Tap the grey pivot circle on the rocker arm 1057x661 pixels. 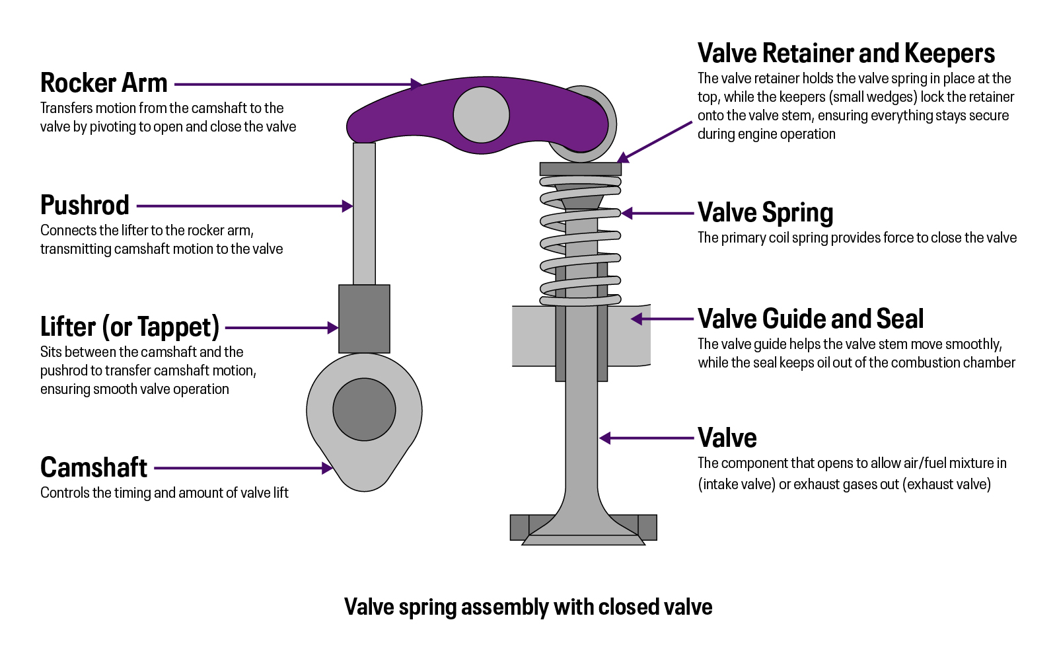(x=482, y=114)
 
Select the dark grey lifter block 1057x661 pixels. (x=364, y=319)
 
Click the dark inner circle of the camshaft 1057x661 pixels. (x=364, y=409)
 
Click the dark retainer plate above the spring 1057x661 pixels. (x=580, y=169)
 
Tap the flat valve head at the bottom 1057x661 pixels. (x=583, y=539)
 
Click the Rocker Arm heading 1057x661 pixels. (x=104, y=83)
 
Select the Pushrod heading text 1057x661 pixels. (x=85, y=206)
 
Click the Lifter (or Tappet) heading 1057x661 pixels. (x=129, y=327)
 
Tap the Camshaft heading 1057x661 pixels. (x=94, y=468)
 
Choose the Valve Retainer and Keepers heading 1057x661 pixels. (x=846, y=54)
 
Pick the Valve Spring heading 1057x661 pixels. (x=765, y=213)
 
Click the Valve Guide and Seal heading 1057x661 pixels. (x=810, y=319)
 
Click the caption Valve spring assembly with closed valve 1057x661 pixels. (x=528, y=607)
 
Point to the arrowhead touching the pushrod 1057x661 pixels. (x=347, y=206)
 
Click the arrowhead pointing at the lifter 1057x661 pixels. (x=333, y=328)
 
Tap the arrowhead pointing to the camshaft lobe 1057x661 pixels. (x=327, y=468)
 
